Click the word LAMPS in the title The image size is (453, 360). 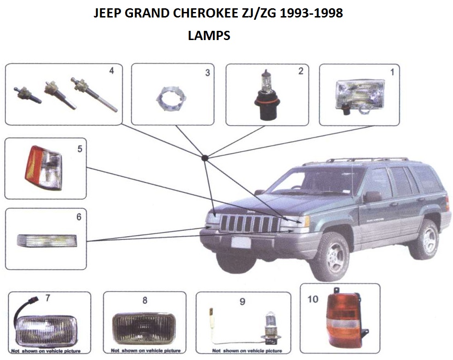[x=209, y=35]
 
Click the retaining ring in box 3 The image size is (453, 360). [x=172, y=99]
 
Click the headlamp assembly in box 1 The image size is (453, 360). [x=360, y=97]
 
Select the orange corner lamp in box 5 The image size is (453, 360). [x=44, y=168]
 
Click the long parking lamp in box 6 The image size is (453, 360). [x=47, y=241]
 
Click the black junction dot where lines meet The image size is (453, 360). [x=205, y=158]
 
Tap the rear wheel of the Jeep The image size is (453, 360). [x=424, y=239]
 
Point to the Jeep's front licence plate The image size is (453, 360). [x=241, y=242]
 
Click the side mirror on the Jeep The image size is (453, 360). [x=373, y=197]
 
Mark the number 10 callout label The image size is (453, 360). [x=313, y=299]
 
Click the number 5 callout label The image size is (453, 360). [x=80, y=149]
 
